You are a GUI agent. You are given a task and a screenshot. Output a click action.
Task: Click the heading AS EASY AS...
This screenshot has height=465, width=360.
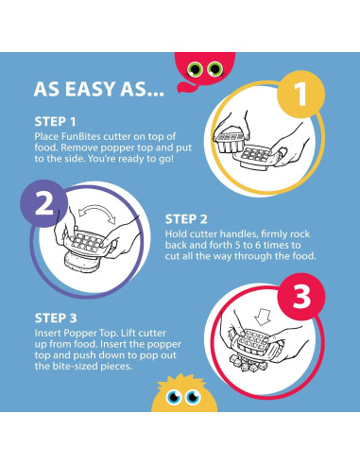point(98,89)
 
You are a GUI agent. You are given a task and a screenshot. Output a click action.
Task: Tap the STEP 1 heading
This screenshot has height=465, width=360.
point(55,122)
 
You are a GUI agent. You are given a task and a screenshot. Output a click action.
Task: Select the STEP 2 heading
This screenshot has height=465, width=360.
point(186,219)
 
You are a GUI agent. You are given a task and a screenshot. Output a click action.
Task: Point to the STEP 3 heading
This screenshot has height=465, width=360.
point(56,318)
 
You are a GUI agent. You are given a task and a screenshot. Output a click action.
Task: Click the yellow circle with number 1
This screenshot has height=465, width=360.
point(300,94)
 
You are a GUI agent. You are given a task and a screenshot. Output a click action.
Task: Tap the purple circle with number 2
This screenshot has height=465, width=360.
point(44,203)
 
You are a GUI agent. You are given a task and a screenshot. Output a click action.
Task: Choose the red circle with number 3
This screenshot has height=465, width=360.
point(301,297)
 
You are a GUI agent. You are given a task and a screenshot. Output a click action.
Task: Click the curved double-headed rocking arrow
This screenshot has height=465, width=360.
point(97,210)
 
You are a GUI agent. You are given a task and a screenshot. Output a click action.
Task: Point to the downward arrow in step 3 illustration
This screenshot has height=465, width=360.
point(263,317)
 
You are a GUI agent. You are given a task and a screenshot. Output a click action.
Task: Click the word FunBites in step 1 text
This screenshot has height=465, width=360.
point(81,137)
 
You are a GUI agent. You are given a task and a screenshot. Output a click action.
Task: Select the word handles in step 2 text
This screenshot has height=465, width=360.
point(238,234)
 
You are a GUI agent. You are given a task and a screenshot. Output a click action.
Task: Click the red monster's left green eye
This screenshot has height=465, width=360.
point(195,69)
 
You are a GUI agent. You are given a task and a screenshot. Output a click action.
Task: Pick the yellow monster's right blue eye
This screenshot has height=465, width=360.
point(193,397)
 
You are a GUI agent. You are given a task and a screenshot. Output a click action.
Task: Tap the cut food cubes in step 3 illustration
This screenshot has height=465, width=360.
point(247,364)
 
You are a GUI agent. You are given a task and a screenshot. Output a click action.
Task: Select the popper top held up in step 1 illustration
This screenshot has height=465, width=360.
point(230,143)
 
